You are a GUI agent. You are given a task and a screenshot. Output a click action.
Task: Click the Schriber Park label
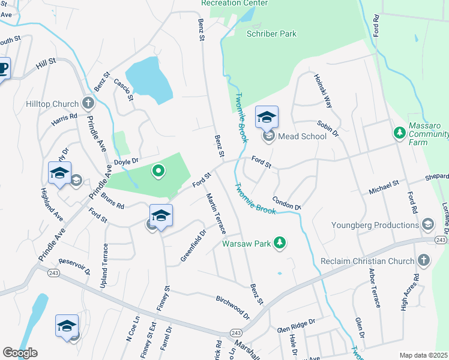click(x=271, y=34)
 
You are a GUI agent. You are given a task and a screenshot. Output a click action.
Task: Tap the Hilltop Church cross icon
click(x=88, y=103)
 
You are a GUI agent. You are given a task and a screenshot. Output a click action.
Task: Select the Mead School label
click(x=302, y=137)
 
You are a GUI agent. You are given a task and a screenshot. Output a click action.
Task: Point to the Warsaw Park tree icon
click(x=279, y=243)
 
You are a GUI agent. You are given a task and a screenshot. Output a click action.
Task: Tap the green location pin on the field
click(x=158, y=172)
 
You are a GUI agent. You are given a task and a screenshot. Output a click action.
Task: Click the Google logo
click(x=20, y=353)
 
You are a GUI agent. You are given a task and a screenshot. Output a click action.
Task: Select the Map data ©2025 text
click(x=423, y=355)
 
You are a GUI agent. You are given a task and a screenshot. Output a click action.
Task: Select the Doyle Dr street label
click(x=127, y=161)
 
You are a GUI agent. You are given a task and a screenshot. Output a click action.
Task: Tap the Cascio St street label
click(x=123, y=90)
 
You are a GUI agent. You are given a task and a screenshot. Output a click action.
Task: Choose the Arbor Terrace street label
click(x=373, y=290)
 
